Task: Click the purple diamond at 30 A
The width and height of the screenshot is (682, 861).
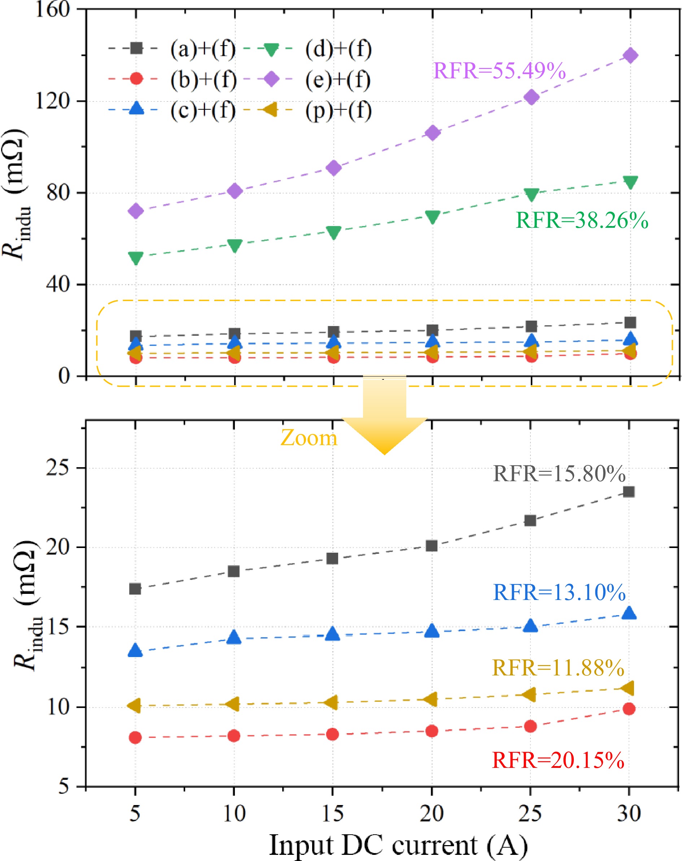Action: point(630,56)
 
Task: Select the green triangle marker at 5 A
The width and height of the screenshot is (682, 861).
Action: point(136,258)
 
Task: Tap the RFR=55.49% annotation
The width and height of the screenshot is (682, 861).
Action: point(499,71)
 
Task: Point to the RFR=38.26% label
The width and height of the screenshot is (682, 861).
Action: point(582,220)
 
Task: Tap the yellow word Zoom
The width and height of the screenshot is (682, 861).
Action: point(309,438)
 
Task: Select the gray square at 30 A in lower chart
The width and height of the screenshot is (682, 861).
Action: point(629,492)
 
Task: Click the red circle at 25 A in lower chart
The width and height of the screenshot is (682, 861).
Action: point(530,726)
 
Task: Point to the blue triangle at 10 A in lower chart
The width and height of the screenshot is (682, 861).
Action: point(234,638)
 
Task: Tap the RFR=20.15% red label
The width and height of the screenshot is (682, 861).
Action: point(558,760)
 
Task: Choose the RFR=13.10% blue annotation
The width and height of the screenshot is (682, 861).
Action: point(559,592)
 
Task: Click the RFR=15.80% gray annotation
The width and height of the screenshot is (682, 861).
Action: point(559,474)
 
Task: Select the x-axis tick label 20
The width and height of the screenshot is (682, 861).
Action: point(431,813)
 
